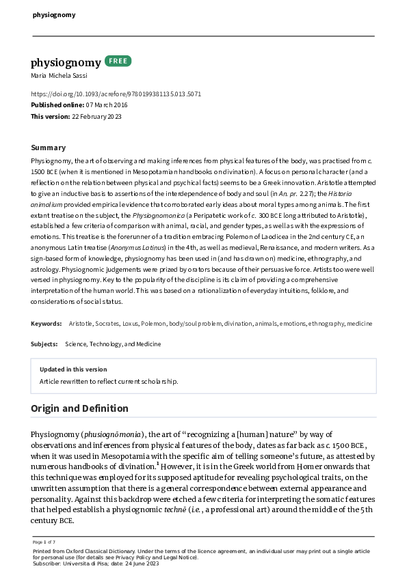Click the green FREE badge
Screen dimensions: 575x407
tap(118, 61)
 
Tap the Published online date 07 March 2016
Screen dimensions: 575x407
tap(106, 105)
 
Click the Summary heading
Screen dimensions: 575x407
tap(49, 148)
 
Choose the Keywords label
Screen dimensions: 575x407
tap(47, 322)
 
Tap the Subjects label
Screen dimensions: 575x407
tap(44, 344)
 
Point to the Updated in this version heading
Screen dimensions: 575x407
tap(73, 369)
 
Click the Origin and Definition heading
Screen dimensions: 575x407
tap(79, 408)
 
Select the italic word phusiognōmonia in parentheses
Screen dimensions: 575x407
tap(113, 435)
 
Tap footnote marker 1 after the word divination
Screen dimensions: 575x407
tap(158, 464)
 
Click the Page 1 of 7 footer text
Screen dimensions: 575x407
tap(44, 542)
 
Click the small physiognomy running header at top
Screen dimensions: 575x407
tap(54, 14)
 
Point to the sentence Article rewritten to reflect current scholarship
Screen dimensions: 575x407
tap(108, 381)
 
